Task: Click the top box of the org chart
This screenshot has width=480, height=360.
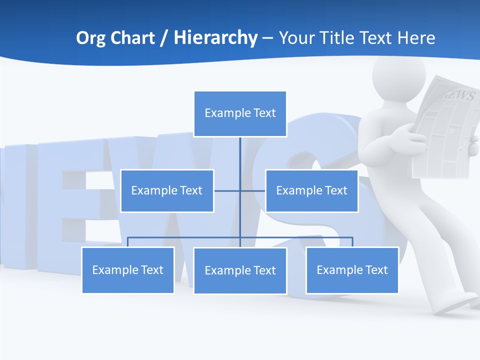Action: click(240, 113)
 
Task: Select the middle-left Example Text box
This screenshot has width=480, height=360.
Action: click(167, 190)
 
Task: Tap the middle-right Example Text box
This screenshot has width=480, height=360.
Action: click(311, 190)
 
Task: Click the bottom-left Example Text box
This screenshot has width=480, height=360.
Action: click(128, 270)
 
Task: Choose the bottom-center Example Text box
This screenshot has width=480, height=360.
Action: click(240, 270)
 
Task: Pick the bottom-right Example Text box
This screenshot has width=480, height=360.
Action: click(352, 270)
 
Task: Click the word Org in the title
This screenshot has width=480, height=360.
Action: click(91, 38)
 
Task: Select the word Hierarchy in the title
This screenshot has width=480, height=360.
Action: click(215, 38)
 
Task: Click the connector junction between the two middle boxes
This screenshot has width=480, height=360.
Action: click(240, 190)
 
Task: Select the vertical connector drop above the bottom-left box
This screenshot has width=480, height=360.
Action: click(128, 242)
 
